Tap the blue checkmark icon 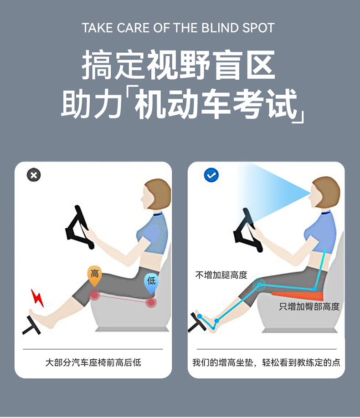(211, 174)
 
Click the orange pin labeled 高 (94, 275)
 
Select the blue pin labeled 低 (151, 282)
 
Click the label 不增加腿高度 (221, 275)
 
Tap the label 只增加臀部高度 (309, 306)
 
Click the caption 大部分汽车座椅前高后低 (93, 362)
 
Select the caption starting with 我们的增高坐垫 (266, 362)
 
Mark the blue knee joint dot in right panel (259, 285)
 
